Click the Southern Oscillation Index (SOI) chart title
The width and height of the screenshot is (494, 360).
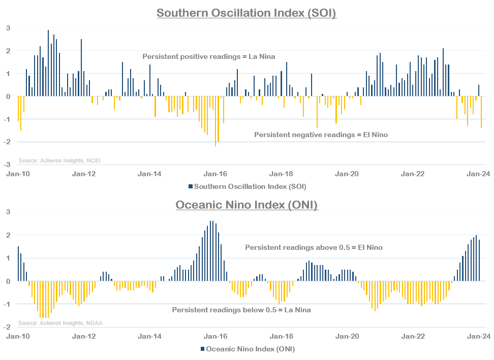click(x=246, y=13)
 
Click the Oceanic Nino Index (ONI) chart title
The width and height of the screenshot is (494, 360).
click(x=246, y=205)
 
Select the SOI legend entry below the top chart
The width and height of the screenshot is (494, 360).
click(x=247, y=186)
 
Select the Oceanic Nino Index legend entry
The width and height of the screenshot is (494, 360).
click(x=247, y=349)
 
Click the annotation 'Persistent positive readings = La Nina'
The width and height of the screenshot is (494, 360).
click(x=208, y=56)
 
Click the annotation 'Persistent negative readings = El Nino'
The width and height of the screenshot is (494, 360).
click(x=321, y=135)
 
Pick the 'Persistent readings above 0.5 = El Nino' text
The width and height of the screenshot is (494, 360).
click(x=314, y=247)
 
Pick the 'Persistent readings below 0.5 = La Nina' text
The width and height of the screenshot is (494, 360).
click(x=241, y=310)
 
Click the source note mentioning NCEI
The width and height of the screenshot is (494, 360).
click(x=59, y=160)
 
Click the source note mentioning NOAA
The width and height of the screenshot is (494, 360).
click(x=60, y=323)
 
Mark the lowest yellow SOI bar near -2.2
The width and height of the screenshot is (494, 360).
click(x=215, y=121)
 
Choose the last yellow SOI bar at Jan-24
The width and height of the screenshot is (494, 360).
click(x=481, y=112)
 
